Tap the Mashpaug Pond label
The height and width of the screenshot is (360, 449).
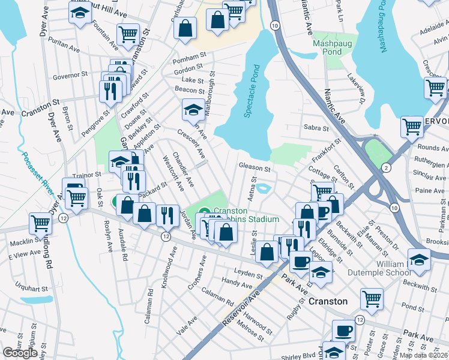(327, 47)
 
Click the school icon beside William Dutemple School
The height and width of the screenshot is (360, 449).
(419, 260)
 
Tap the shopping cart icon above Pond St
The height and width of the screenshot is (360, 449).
(372, 299)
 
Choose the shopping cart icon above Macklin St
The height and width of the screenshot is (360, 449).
(40, 223)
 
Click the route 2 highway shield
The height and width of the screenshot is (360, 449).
(386, 166)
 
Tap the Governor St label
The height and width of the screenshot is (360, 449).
(70, 76)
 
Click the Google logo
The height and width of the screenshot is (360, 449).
(20, 353)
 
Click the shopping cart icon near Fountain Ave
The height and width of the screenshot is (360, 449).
(128, 35)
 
